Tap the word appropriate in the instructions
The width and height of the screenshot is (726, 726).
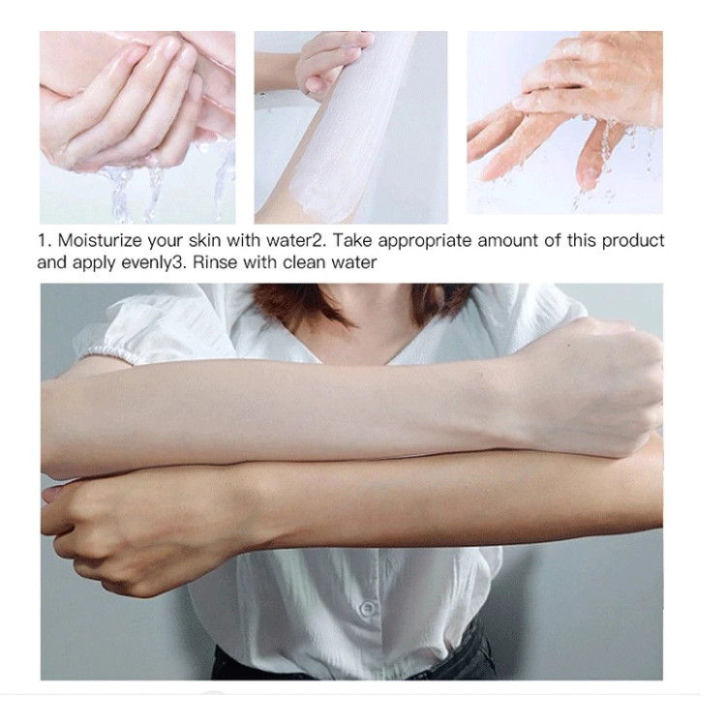point(425,242)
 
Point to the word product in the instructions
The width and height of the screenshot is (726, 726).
point(633,242)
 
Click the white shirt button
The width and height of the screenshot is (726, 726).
point(368,608)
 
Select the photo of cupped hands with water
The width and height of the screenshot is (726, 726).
point(137,128)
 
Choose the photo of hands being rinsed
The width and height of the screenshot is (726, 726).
point(565,123)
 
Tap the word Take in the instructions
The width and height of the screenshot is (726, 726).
point(352,241)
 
